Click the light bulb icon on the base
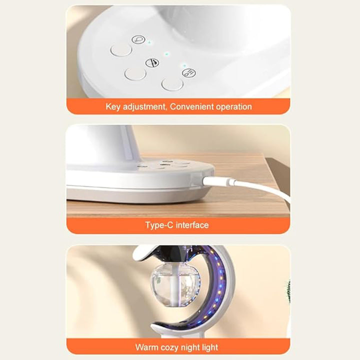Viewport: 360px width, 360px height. point(138,39)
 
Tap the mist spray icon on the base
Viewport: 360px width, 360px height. point(189,73)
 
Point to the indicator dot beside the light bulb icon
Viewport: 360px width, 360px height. point(149,42)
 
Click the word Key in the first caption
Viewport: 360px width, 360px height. point(112,107)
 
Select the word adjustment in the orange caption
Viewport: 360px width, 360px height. point(144,107)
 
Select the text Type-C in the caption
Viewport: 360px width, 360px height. point(159,225)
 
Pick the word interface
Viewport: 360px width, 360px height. point(192,225)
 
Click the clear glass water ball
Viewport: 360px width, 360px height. point(175,285)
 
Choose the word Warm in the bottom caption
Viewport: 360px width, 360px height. point(146,347)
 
